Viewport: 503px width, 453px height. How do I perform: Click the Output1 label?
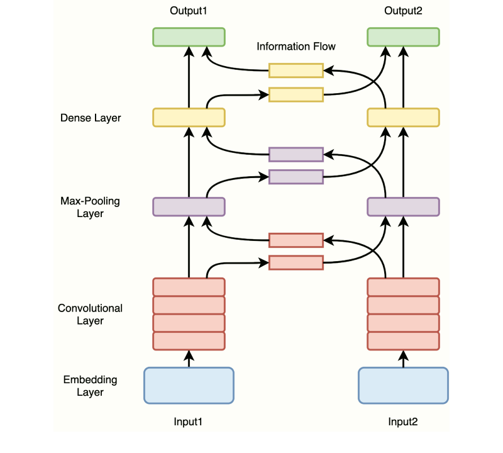tap(189, 11)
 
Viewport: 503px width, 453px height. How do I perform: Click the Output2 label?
tap(403, 11)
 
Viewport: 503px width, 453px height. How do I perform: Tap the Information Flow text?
tap(296, 47)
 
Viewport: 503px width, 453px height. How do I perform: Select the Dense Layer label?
tap(91, 118)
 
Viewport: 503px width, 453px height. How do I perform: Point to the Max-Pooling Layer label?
tap(90, 208)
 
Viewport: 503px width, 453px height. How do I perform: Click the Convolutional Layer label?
tap(90, 315)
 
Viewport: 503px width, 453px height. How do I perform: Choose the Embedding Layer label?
tap(90, 386)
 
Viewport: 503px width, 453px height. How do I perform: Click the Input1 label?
tap(189, 422)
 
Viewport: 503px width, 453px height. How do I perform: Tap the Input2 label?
tap(403, 422)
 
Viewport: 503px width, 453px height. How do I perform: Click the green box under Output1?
tap(189, 36)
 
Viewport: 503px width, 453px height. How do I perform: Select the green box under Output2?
tap(403, 36)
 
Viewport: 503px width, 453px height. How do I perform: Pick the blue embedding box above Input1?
tap(189, 385)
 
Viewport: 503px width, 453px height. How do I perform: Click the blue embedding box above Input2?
tap(403, 385)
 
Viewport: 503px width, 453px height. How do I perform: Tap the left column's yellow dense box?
tap(189, 117)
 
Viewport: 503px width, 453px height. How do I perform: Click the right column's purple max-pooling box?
tap(403, 207)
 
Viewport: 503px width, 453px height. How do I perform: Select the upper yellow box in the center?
tap(296, 70)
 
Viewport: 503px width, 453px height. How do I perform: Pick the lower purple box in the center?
tap(296, 177)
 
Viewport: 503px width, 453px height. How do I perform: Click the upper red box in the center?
tap(296, 240)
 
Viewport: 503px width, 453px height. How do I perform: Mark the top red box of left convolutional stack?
tap(189, 287)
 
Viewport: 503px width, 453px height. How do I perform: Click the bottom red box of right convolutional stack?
tap(403, 340)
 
